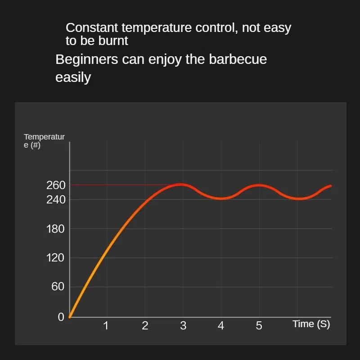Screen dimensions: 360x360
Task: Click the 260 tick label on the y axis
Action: (x=56, y=185)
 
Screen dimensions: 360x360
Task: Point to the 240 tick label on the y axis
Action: (x=56, y=199)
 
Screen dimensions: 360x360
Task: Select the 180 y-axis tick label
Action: (x=56, y=229)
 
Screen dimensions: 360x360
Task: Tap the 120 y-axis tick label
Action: (x=56, y=258)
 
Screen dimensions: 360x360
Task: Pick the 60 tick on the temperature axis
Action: (x=58, y=287)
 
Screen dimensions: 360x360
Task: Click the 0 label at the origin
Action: (x=61, y=317)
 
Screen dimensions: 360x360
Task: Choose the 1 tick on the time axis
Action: (x=106, y=326)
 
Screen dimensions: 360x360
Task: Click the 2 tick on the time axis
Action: (x=145, y=326)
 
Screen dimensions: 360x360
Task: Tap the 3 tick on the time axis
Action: (x=183, y=326)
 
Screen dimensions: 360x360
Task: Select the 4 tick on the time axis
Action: (x=221, y=326)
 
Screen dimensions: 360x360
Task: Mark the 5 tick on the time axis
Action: (x=259, y=326)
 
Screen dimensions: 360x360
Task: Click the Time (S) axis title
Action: (x=311, y=324)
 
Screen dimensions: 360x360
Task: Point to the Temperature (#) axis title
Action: (x=44, y=141)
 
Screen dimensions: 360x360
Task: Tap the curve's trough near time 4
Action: (x=221, y=198)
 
